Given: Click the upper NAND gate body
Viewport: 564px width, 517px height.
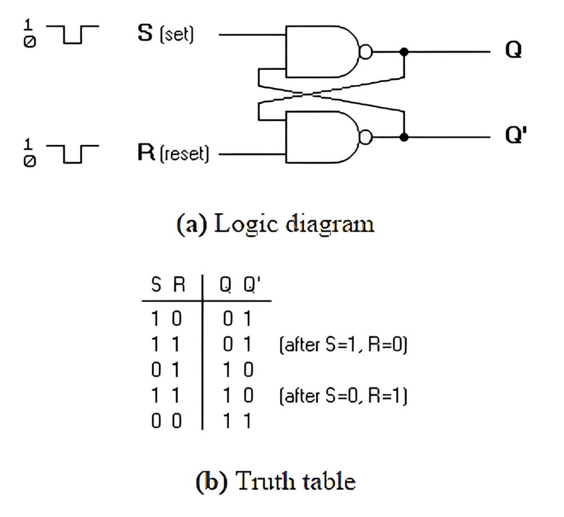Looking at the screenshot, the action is click(322, 51).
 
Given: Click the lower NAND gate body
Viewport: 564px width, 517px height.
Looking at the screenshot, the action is click(322, 137).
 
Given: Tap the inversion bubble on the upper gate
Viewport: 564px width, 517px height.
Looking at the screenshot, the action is click(366, 52).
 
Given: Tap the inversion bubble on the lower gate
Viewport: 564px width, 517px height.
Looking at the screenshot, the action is click(366, 138).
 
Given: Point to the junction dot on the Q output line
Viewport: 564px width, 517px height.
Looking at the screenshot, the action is click(404, 52).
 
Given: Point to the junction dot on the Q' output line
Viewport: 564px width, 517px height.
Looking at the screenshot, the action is click(404, 138).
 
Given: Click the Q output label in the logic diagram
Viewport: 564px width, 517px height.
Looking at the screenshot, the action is click(513, 50).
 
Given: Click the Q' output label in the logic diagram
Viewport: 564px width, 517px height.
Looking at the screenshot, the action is click(516, 135).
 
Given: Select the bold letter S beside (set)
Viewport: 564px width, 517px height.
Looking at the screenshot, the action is click(146, 33).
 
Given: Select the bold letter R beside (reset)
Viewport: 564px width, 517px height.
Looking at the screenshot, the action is click(146, 152).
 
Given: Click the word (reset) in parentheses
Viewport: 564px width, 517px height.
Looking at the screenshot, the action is click(184, 153).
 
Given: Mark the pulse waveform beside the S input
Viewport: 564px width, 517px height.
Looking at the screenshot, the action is click(73, 34).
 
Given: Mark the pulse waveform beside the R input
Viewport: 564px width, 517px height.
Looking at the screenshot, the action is click(73, 154).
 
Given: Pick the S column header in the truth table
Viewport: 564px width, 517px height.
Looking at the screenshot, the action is click(156, 285).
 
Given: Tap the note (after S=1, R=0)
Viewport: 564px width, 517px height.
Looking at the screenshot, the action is click(343, 345).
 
